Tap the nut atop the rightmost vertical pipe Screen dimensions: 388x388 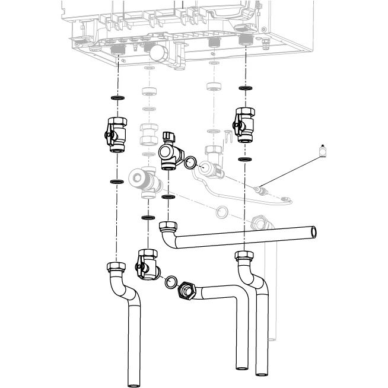point(244,256)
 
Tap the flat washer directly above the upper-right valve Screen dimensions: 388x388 point(244,88)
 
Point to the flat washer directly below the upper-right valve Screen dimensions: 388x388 point(244,160)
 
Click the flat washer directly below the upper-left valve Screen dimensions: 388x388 point(117,180)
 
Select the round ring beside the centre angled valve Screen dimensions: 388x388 point(190,162)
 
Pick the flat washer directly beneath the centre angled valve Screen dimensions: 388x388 point(168,196)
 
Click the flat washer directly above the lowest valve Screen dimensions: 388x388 point(146,218)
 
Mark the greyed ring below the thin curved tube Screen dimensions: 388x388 point(221,211)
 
